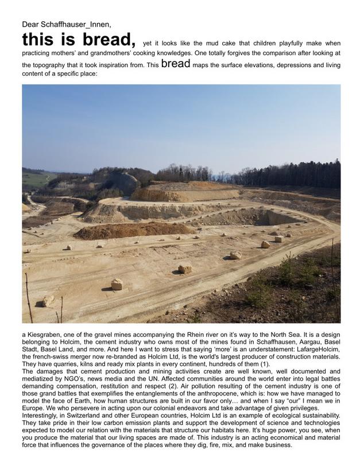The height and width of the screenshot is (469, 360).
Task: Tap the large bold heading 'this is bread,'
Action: pos(79,40)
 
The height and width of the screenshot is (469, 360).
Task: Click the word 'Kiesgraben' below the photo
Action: pos(47,335)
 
